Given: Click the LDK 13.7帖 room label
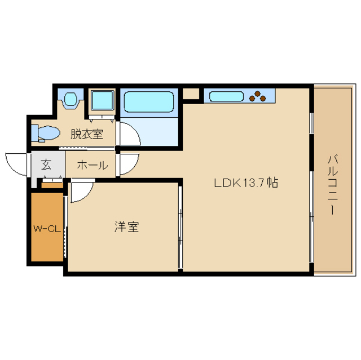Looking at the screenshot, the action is [x=246, y=183].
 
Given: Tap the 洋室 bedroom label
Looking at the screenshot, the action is [x=126, y=226].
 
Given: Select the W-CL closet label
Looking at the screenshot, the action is [x=47, y=229].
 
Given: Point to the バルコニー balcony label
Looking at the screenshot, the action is [x=332, y=185].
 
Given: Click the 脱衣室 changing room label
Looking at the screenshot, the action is [x=87, y=134].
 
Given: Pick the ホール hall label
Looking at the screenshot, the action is [x=93, y=165].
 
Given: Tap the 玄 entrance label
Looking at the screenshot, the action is [x=46, y=165].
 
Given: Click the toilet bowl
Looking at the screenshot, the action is [x=49, y=132].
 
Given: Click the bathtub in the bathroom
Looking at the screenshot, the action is [x=149, y=102].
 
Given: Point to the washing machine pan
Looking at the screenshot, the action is [x=103, y=100].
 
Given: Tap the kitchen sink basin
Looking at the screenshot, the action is [x=226, y=96].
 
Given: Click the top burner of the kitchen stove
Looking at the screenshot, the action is [x=258, y=94].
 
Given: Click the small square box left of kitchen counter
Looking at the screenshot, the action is [x=191, y=94].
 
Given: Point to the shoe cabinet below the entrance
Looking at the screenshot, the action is [x=52, y=185].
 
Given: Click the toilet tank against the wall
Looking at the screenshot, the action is [x=34, y=133].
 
